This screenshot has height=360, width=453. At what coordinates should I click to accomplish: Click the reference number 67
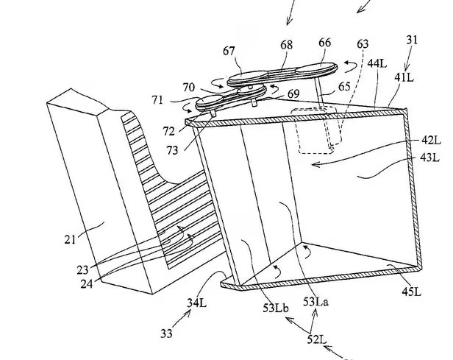click(x=229, y=52)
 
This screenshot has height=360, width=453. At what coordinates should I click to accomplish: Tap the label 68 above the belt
click(x=286, y=45)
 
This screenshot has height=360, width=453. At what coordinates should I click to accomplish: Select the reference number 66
click(x=325, y=43)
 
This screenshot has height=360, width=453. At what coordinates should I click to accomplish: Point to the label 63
click(x=363, y=44)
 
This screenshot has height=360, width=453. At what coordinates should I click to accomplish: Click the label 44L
click(x=377, y=63)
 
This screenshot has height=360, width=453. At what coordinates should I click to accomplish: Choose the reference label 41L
click(x=404, y=77)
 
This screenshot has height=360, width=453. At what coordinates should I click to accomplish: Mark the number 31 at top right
click(x=412, y=40)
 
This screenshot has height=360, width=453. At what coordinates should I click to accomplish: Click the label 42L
click(x=431, y=141)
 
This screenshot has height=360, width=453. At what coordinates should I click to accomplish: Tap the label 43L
click(x=429, y=158)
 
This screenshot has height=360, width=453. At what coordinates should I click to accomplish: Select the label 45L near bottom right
click(x=411, y=292)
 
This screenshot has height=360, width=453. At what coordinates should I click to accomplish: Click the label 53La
click(x=315, y=302)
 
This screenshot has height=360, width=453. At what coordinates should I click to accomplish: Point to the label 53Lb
click(x=276, y=308)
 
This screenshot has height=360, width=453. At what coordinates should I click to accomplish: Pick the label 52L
click(x=317, y=339)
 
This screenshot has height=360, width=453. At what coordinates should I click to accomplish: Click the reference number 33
click(x=166, y=333)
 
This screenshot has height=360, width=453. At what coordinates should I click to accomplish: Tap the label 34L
click(x=197, y=303)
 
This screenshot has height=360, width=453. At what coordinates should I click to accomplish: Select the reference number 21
click(x=70, y=240)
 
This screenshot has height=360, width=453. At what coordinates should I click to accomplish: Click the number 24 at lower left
click(x=87, y=284)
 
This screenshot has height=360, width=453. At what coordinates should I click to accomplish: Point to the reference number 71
click(x=157, y=101)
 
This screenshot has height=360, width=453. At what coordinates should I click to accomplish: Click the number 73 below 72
click(x=172, y=150)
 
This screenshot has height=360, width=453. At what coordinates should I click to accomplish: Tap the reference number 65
click(x=344, y=86)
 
